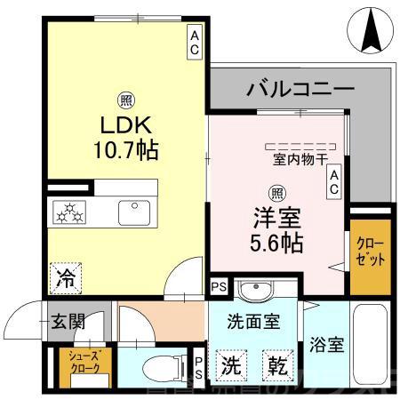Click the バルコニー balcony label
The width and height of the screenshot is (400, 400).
300,89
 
